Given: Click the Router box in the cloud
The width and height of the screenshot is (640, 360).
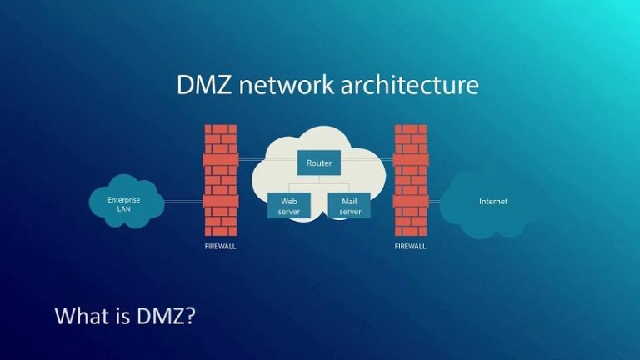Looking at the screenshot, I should [319, 163].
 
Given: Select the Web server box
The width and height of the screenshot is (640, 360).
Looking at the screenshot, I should [289, 206].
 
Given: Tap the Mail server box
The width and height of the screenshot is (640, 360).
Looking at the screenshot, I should [350, 206].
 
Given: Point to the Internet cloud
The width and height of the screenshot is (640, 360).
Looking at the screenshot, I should [492, 202].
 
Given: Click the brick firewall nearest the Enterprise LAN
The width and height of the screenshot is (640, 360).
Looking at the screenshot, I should [221, 180].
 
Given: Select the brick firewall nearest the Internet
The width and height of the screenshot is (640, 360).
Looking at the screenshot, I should [411, 180].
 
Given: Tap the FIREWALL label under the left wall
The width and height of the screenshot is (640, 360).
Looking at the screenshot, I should [221, 247].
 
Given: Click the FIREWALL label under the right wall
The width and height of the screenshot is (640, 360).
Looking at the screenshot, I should [411, 247].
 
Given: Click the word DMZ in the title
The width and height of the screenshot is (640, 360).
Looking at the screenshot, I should [203, 86].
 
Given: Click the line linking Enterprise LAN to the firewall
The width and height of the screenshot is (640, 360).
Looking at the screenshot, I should [183, 201].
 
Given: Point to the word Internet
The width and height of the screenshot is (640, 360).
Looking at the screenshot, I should [493, 202].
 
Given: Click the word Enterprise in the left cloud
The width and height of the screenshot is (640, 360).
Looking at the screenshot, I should [123, 199].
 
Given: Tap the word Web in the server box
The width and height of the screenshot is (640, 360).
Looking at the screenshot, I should [289, 201].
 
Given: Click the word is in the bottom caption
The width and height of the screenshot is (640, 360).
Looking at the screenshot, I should [123, 317].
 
